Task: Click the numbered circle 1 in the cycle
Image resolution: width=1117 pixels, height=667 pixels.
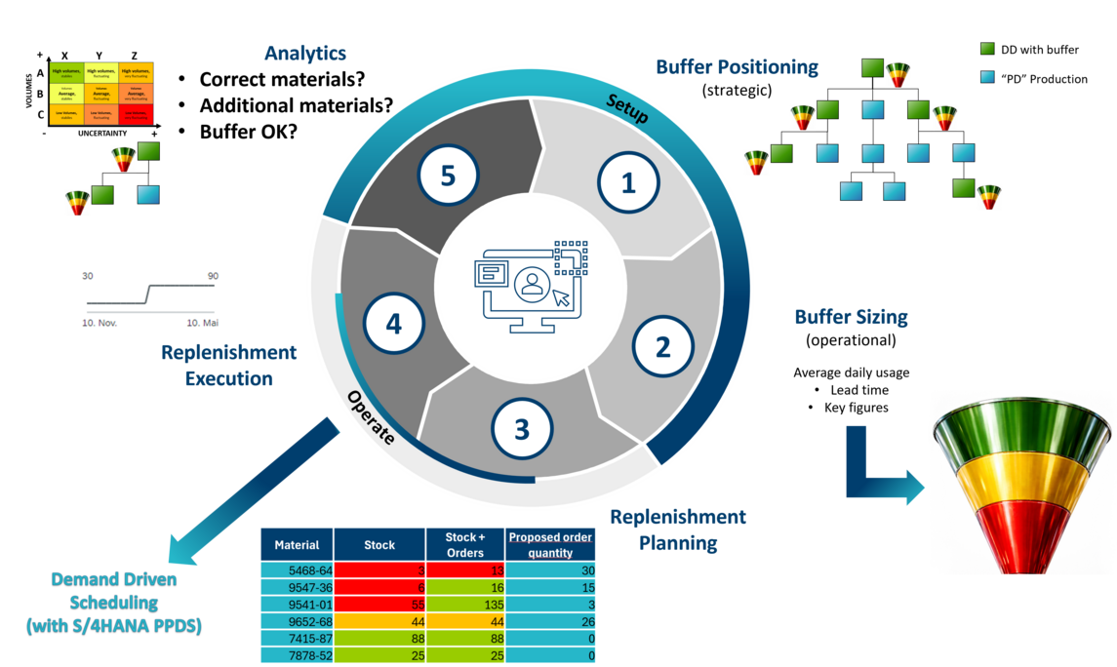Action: click(628, 183)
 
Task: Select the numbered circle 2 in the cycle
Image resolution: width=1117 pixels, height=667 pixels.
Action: click(663, 348)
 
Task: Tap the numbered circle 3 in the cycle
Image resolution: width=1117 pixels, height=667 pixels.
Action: click(522, 429)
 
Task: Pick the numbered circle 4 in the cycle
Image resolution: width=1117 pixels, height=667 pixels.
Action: click(393, 324)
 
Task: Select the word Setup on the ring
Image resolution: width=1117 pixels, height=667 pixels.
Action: click(627, 107)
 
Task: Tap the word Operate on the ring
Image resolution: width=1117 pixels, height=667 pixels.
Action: click(372, 418)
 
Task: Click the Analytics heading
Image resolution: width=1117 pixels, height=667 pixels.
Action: click(305, 54)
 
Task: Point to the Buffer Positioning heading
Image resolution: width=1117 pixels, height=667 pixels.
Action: click(738, 67)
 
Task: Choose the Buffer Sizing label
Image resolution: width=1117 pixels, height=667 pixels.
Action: click(851, 317)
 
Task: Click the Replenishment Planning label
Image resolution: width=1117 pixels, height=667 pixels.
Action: click(678, 530)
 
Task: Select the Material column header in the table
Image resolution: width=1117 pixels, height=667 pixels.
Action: click(297, 545)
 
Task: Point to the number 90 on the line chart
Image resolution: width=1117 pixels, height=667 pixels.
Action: click(212, 277)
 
